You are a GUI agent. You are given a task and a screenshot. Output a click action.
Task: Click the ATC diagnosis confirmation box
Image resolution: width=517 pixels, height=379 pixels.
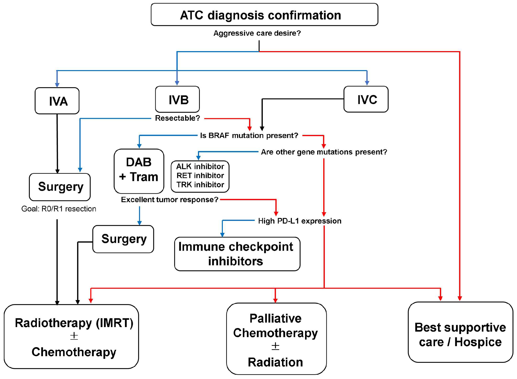coord(264,15)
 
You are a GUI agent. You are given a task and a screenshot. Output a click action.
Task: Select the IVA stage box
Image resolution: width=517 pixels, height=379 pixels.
coord(57,101)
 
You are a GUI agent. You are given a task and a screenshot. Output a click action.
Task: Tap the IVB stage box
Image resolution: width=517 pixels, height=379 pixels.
coord(177,99)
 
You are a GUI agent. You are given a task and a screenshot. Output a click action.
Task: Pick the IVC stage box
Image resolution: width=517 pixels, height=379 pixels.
coord(366,99)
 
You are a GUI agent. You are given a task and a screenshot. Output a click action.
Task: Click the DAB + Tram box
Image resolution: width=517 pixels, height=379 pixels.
coord(139,171)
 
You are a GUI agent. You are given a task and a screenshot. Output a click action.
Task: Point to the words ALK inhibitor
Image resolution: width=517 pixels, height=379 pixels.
coord(200,166)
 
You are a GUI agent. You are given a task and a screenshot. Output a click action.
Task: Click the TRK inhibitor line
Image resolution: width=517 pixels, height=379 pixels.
coord(200,185)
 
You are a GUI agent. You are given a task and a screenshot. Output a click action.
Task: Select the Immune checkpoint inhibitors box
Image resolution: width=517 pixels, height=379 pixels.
coord(237,254)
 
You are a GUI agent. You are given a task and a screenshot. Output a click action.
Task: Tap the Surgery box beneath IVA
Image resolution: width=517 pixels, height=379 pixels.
coord(60,187)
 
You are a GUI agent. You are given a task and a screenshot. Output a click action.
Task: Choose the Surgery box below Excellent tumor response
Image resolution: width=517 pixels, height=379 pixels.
coord(123,239)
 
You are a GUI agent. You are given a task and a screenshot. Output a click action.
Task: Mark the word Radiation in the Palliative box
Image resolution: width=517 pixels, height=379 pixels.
coord(275,362)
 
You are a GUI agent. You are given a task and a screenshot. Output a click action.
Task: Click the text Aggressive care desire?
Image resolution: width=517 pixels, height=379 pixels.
coord(257,33)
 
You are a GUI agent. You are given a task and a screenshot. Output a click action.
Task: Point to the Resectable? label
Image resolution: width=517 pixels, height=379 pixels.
coord(177,118)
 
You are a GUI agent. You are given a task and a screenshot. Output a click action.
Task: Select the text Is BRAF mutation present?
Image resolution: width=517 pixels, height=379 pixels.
coord(249,136)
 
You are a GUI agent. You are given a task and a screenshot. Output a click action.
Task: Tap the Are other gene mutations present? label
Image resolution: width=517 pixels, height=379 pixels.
coord(324,152)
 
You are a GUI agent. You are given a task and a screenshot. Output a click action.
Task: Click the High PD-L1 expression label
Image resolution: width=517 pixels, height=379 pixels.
coord(299,221)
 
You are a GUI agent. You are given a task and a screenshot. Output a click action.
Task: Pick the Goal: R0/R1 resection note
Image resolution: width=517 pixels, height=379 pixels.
coord(59,209)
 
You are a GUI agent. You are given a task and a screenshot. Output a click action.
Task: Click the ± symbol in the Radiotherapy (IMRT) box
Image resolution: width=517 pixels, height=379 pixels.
coord(74,336)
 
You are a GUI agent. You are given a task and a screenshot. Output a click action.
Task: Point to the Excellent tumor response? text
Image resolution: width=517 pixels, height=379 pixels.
coord(169,200)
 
